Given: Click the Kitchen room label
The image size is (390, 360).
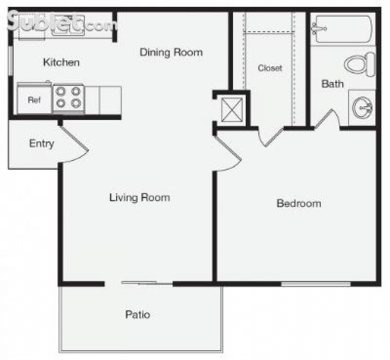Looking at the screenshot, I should click(x=61, y=62).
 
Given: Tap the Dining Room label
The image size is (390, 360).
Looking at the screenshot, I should click(x=171, y=52).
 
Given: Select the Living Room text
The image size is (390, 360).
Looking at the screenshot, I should click(x=139, y=197).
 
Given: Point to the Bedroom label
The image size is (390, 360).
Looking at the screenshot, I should click(x=299, y=203).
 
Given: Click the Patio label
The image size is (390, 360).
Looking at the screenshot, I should click(x=138, y=314).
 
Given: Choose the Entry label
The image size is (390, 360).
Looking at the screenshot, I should click(x=42, y=143).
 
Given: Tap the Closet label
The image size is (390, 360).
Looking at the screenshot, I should click(x=270, y=68).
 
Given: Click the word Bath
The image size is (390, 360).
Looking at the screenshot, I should click(x=332, y=84).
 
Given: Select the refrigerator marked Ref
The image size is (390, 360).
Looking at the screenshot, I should click(x=34, y=100).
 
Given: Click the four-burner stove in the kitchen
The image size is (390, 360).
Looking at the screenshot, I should click(x=69, y=98).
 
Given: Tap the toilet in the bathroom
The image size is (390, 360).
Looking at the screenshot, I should click(x=359, y=64).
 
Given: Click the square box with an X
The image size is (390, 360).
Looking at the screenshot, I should click(x=232, y=110).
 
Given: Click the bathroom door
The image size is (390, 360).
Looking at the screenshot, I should click(x=325, y=119).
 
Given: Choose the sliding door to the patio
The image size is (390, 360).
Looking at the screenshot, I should click(x=140, y=283).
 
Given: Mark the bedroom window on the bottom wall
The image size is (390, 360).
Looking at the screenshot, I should click(x=316, y=284).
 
